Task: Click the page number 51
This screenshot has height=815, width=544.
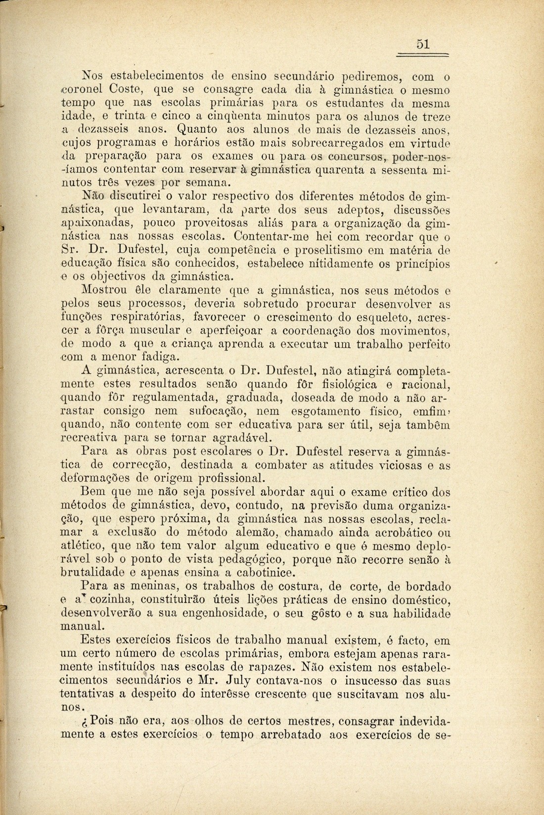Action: [x=422, y=44]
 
